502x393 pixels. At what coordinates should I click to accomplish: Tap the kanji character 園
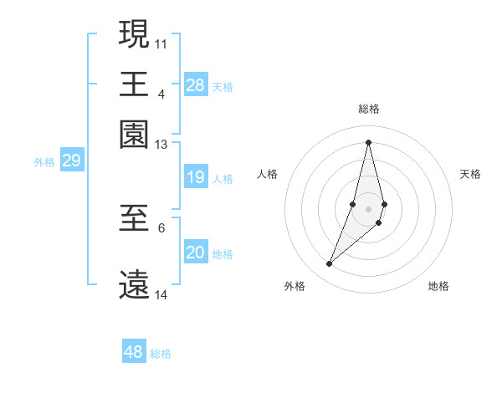[135, 135]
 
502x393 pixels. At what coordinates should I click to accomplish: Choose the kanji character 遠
[135, 284]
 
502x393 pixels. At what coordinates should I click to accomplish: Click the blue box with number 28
[196, 84]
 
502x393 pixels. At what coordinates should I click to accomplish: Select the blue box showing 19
[196, 177]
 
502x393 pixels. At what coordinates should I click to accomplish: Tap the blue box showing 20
[196, 253]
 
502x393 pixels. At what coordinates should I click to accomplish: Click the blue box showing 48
[134, 352]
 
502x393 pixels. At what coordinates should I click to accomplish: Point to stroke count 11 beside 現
[161, 42]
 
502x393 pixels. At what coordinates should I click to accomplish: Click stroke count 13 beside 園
[161, 145]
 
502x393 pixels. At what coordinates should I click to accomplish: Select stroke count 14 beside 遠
[161, 294]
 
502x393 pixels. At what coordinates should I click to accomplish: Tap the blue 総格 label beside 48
[161, 354]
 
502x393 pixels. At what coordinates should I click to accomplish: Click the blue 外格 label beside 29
[44, 162]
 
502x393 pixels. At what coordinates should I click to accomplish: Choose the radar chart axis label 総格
[368, 110]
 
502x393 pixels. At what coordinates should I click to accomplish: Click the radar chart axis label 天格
[470, 174]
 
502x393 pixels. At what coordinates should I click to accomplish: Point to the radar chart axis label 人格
[267, 174]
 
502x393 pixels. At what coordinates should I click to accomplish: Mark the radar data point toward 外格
[330, 264]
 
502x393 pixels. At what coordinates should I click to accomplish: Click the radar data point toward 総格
[368, 141]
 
